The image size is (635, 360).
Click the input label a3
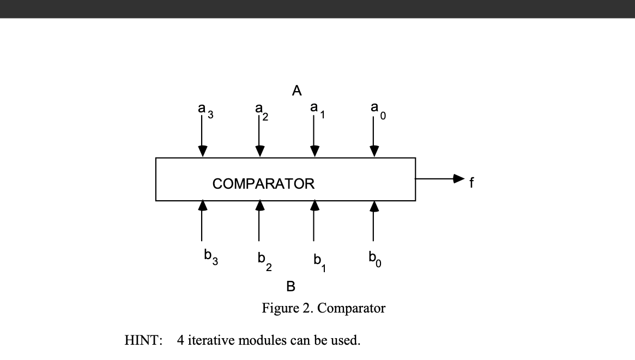205,112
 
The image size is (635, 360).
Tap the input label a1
317,111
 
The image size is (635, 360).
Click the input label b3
210,256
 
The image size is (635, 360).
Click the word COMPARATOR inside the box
263,184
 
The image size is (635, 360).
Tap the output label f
472,183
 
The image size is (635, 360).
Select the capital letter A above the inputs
297,91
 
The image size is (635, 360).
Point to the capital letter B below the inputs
291,286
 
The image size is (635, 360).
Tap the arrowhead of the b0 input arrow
373,206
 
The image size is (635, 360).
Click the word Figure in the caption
280,309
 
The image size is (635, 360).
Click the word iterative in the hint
211,341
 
